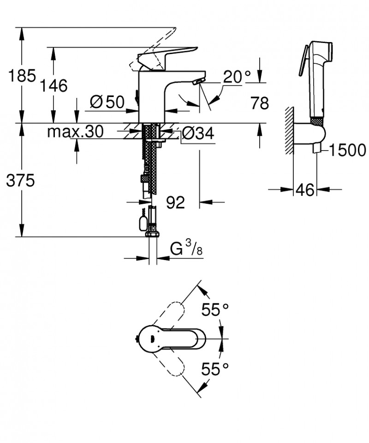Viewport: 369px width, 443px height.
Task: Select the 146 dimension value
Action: [x=54, y=85]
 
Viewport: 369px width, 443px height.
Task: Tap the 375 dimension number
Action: [x=20, y=182]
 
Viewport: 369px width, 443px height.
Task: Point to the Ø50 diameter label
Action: [x=107, y=102]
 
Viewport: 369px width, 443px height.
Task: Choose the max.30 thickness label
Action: [x=75, y=133]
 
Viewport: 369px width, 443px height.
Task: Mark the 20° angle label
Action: [x=238, y=77]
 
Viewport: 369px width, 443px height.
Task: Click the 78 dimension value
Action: [x=259, y=103]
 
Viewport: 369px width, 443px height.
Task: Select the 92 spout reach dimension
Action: [x=175, y=202]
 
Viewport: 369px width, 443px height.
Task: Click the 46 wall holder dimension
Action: [x=305, y=189]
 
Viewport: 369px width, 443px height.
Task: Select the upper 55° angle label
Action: [x=214, y=310]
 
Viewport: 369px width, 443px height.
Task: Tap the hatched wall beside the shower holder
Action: [x=289, y=130]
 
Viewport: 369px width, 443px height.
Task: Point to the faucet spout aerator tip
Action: [x=197, y=82]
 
